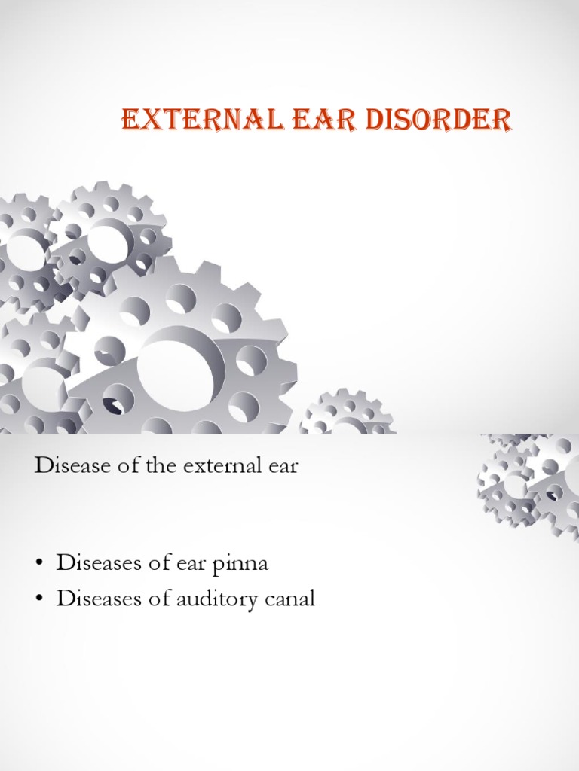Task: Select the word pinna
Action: pos(243,564)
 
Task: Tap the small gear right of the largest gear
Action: pos(348,413)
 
